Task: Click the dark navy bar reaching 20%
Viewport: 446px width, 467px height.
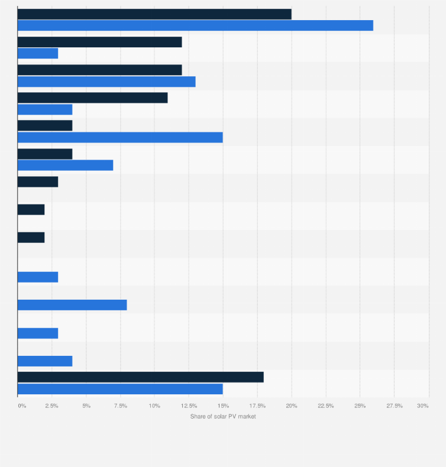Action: [154, 14]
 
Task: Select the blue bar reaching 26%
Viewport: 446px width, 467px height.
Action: [195, 25]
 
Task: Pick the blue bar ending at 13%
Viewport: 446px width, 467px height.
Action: [106, 82]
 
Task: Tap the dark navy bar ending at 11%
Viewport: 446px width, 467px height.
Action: [93, 98]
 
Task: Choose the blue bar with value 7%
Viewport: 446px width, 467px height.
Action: [65, 165]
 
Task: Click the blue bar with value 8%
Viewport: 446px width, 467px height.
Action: [72, 305]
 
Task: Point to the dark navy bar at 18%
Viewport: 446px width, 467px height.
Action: [141, 377]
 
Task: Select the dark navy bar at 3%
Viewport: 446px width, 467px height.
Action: [38, 181]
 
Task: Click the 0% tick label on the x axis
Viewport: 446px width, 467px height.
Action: [22, 406]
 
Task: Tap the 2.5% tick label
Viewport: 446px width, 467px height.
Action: [51, 406]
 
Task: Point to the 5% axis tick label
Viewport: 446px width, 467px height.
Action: [86, 406]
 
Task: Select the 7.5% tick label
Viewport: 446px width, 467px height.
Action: [120, 406]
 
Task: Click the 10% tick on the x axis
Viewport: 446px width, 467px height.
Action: [154, 406]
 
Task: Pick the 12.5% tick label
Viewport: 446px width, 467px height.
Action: [189, 406]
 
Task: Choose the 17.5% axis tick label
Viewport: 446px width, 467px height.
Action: [257, 406]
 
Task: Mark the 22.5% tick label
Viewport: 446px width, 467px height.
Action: [326, 406]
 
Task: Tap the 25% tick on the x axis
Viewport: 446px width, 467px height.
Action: [360, 406]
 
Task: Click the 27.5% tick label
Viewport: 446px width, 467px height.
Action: [395, 406]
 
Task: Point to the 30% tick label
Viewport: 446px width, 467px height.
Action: [423, 406]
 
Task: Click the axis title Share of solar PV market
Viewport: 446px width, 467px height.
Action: [223, 417]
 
